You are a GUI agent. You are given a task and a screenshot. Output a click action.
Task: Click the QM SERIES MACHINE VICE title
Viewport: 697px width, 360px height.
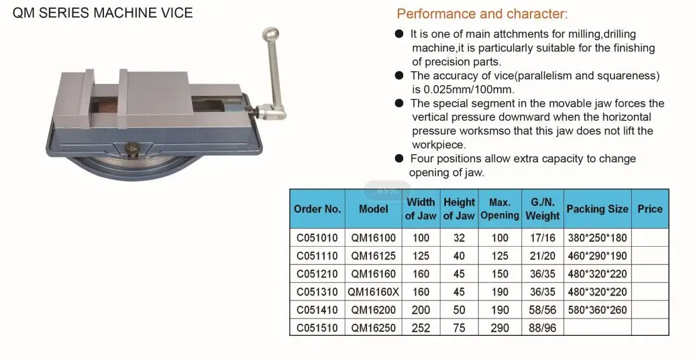(x=103, y=13)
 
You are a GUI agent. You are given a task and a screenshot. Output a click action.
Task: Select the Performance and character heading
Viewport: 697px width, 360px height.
(x=482, y=14)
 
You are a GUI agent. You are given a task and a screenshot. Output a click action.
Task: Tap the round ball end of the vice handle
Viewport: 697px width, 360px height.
(x=271, y=35)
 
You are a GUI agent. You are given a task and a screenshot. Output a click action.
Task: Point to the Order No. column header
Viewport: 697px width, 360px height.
(x=317, y=209)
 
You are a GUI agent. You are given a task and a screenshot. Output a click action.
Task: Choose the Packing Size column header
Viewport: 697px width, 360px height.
(x=598, y=209)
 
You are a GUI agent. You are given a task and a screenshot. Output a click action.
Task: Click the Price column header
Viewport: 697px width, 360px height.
(x=650, y=209)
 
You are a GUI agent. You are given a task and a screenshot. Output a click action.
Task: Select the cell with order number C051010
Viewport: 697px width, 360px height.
(x=317, y=238)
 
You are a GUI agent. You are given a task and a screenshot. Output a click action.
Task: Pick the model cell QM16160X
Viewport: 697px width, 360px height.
(x=374, y=292)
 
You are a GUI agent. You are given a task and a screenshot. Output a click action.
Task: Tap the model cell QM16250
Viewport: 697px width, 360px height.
(x=374, y=328)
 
